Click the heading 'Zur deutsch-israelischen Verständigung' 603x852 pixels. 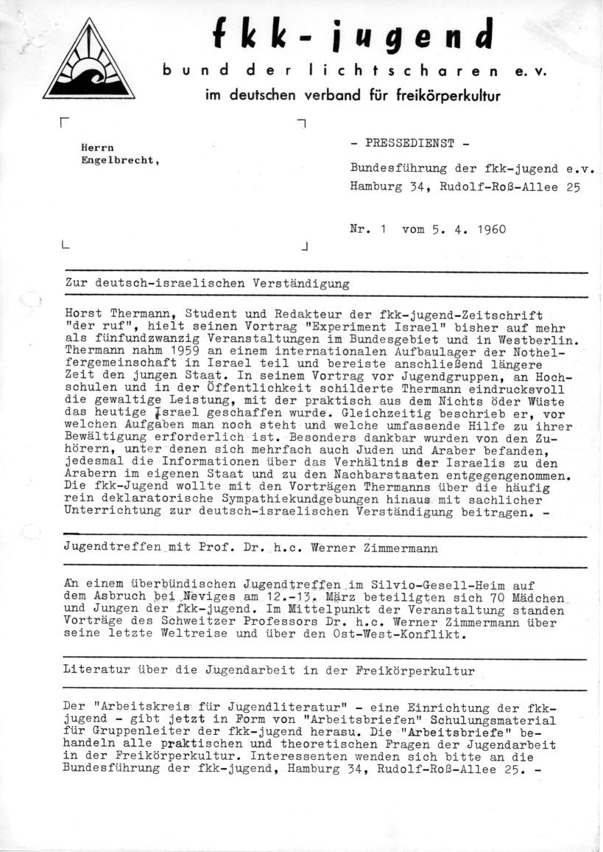[207, 284]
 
